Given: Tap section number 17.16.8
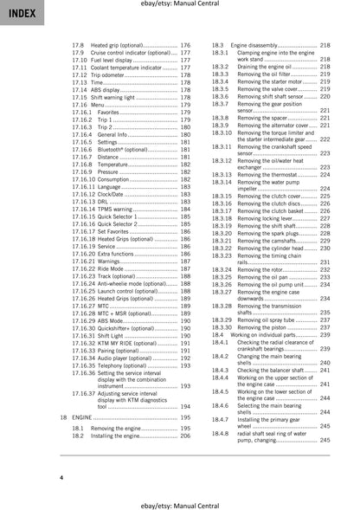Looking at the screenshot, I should [x=84, y=163].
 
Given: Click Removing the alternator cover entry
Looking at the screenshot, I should [x=273, y=125].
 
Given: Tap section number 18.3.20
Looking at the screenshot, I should [x=223, y=233].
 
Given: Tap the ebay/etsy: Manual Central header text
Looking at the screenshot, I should [x=180, y=7].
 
